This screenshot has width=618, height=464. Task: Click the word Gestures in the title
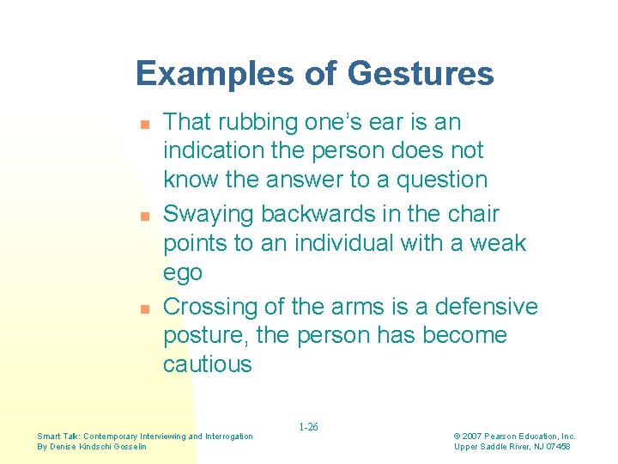coord(421,74)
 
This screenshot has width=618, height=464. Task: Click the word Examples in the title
coord(210,74)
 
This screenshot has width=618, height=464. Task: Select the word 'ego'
coord(183,274)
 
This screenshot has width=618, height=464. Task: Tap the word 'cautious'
coord(208,364)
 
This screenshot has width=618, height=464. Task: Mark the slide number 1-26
coord(309,426)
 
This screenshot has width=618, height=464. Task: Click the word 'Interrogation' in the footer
coord(227,437)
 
